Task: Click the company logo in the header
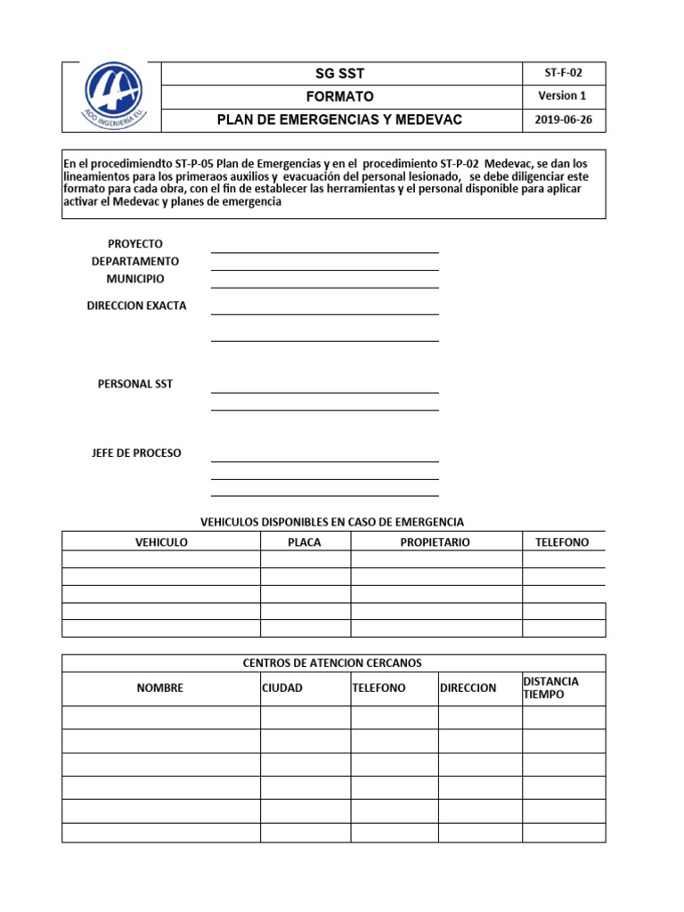pos(111,96)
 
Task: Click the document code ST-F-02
pos(563,73)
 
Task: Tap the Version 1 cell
pos(563,96)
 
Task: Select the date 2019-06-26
pos(563,120)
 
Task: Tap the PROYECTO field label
pos(135,244)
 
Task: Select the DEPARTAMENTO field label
pos(135,261)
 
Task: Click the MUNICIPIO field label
pos(135,279)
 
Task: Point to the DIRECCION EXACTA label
pos(136,305)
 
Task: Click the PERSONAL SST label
pos(135,384)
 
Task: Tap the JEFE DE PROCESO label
pos(136,453)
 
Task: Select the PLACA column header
pos(305,541)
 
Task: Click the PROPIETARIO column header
pos(436,541)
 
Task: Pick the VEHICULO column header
pos(161,541)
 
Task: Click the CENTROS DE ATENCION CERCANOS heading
pos(332,664)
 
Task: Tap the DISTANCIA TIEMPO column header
pos(550,688)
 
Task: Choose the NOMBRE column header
pos(160,688)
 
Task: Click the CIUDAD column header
pos(282,688)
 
